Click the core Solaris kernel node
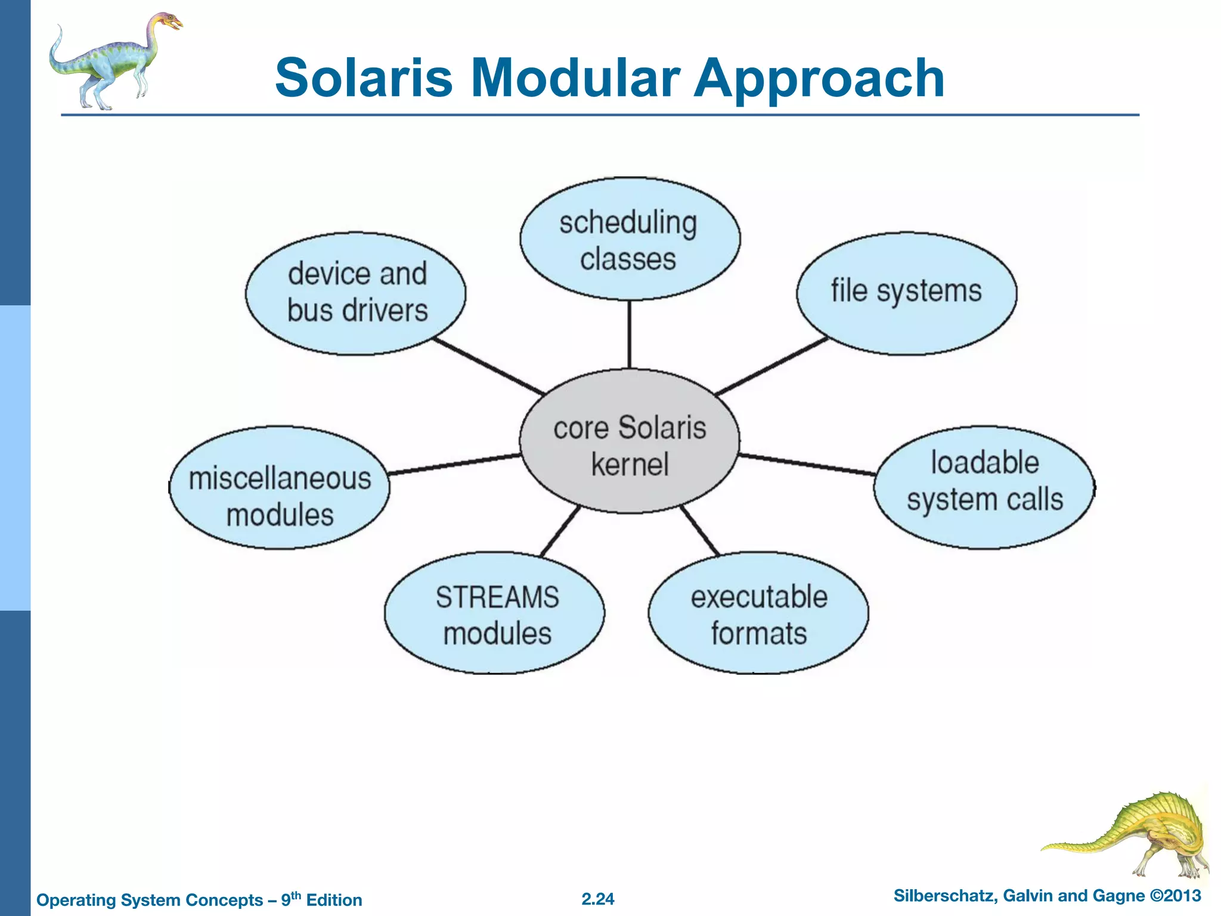tap(630, 441)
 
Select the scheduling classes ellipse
tap(630, 239)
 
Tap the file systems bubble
tap(906, 293)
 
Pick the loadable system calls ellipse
tap(984, 487)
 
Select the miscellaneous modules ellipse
tap(280, 487)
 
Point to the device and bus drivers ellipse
tap(356, 293)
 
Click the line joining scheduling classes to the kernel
tap(630, 334)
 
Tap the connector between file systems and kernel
tap(771, 366)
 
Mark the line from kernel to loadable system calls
tap(808, 465)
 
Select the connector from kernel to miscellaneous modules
tap(454, 465)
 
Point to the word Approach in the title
tap(819, 79)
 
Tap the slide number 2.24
tap(598, 899)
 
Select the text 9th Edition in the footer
tap(322, 899)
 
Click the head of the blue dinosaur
tap(170, 23)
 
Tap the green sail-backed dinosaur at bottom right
tap(1133, 835)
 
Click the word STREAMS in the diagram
tap(497, 596)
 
